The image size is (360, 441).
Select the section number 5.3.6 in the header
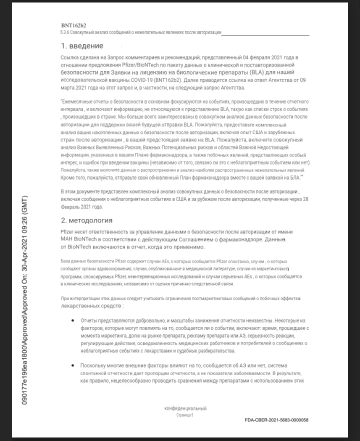tap(64, 32)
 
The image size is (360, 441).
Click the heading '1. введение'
tap(82, 46)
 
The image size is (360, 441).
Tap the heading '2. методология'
tap(86, 220)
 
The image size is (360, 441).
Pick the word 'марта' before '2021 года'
tap(69, 87)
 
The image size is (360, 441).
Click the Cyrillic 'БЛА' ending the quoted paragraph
tap(297, 177)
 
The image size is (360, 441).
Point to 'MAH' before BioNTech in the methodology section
tap(66, 239)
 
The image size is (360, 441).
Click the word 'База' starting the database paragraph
tap(65, 261)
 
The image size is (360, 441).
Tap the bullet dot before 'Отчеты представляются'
tap(74, 319)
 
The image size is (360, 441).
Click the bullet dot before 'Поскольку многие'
tap(74, 366)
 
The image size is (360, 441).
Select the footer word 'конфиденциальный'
tap(185, 408)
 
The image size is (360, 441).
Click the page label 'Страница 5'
tap(185, 415)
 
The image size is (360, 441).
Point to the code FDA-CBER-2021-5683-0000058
tap(276, 420)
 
